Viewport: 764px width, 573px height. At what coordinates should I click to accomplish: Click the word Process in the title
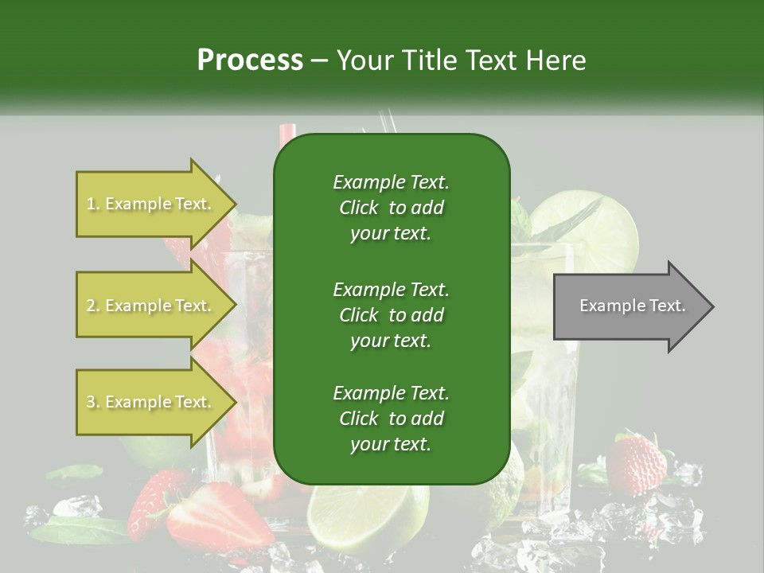250,60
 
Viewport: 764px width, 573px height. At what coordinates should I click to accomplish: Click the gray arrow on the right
633,306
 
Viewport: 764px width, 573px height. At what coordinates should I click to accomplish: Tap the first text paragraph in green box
391,208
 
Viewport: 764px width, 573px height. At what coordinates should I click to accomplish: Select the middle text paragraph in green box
391,314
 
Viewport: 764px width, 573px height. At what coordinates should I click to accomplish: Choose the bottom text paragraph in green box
391,419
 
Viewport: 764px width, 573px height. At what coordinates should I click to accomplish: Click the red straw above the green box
288,131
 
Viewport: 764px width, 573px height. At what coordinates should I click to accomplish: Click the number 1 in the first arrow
90,204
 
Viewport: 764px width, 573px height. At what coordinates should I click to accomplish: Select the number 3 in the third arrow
90,402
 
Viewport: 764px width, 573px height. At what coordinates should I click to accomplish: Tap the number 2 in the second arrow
90,306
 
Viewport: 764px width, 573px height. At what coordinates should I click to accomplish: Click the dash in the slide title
320,60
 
